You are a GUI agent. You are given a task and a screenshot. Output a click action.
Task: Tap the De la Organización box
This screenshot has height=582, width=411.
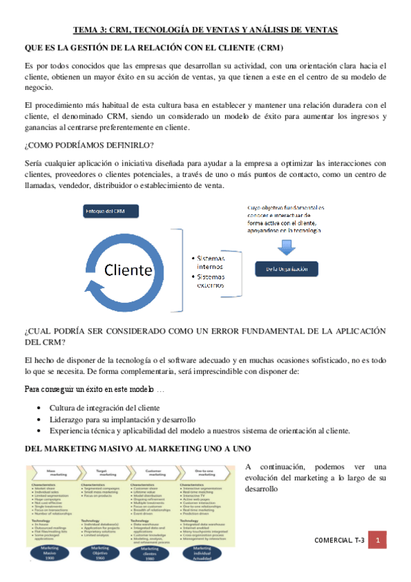[287, 268]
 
